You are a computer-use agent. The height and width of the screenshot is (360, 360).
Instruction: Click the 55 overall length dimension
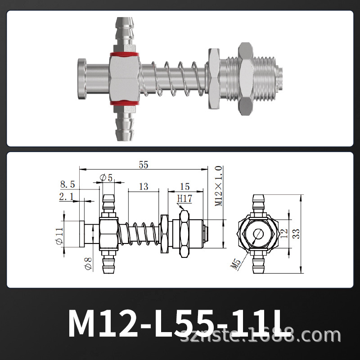[143, 165]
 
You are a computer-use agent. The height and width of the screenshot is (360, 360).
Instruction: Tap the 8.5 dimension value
[67, 184]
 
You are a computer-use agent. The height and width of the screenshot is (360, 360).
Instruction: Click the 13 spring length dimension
[144, 186]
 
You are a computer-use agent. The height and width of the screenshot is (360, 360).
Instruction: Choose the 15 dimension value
[184, 186]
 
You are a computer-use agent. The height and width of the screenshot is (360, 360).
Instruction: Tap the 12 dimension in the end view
[283, 234]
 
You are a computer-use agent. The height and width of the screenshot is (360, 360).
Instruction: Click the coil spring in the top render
[180, 80]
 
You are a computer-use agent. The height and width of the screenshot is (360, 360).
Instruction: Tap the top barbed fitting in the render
[125, 34]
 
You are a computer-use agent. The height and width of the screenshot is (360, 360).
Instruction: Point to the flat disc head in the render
[81, 80]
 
